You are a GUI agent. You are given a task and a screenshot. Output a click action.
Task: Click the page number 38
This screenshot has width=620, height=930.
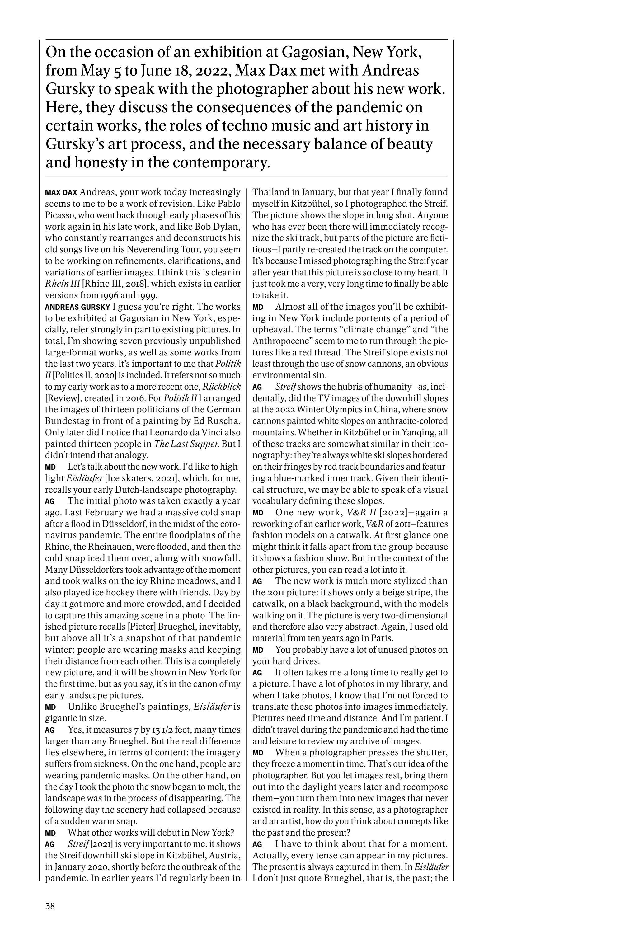pos(50,906)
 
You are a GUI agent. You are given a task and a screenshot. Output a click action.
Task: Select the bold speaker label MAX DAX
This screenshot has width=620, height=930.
pos(61,193)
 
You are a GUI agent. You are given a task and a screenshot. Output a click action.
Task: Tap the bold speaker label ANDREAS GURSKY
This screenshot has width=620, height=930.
pos(77,307)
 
